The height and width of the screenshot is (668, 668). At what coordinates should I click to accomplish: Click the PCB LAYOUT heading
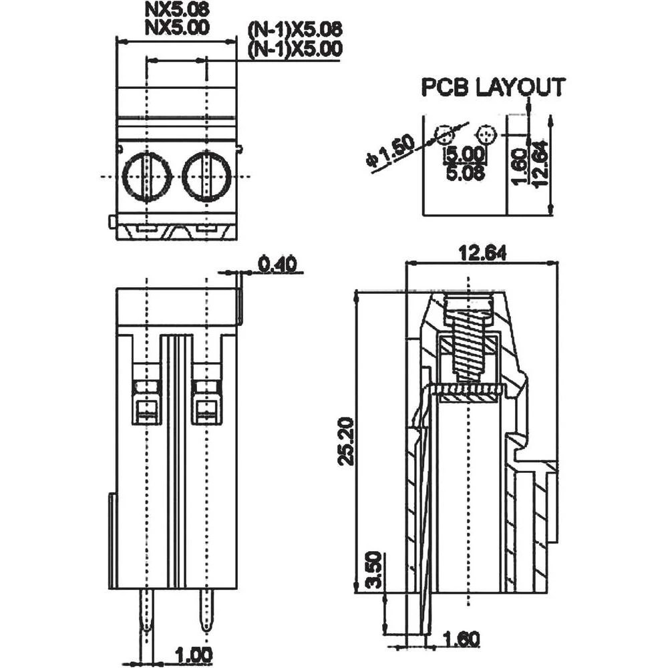coord(493,87)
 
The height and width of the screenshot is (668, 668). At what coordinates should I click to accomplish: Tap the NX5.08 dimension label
coord(177,9)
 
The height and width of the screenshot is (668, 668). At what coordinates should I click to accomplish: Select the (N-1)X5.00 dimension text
coord(295,49)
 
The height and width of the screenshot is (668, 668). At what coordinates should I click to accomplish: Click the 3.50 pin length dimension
coord(373,570)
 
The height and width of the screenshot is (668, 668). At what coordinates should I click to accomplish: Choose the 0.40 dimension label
coord(278,264)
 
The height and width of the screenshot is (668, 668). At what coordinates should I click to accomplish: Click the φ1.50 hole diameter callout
coord(389,151)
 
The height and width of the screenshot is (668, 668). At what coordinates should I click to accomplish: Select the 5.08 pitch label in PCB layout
coord(465,172)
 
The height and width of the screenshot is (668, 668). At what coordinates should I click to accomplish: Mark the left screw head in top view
coord(146,176)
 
